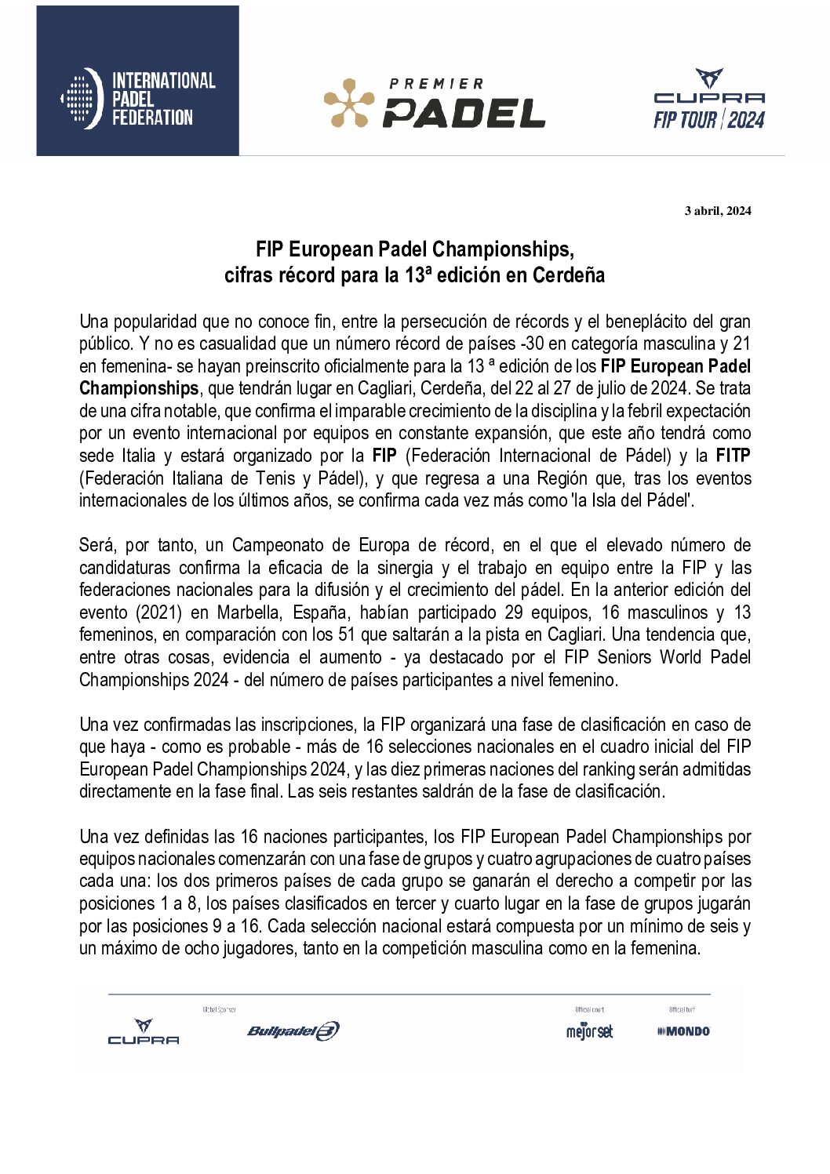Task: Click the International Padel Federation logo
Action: [138, 99]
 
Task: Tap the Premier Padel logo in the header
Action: [435, 104]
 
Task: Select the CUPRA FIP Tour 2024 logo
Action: [709, 100]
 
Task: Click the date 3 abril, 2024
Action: [718, 210]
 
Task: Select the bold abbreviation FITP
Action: [733, 456]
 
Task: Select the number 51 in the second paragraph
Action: [347, 634]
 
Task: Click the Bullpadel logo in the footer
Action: [293, 1030]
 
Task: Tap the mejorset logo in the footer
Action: [589, 1031]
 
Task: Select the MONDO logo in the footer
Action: [683, 1031]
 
